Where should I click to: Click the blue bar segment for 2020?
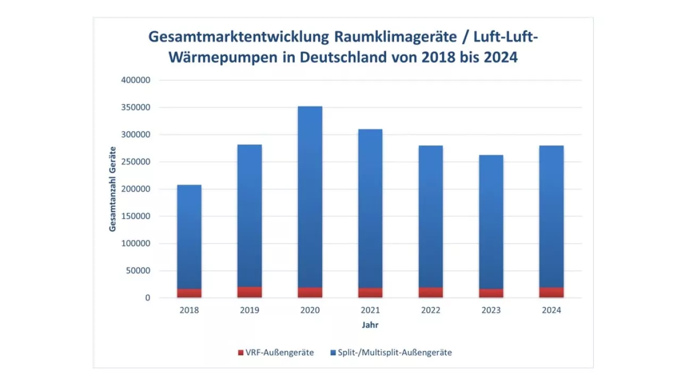310,197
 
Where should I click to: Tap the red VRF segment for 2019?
250,292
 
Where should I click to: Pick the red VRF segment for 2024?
551,292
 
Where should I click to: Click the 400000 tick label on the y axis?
137,80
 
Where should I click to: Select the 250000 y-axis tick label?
137,162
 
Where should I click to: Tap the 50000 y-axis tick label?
139,271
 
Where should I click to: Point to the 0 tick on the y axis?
148,298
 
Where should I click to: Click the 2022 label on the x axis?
430,311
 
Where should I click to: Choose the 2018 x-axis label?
189,311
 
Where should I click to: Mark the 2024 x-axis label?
551,311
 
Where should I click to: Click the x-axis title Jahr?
370,325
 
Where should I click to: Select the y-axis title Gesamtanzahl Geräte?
113,189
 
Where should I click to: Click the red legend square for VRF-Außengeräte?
240,353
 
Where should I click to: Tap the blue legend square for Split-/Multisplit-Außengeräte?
333,353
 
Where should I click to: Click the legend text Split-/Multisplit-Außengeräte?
395,353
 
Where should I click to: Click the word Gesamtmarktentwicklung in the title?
238,37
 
